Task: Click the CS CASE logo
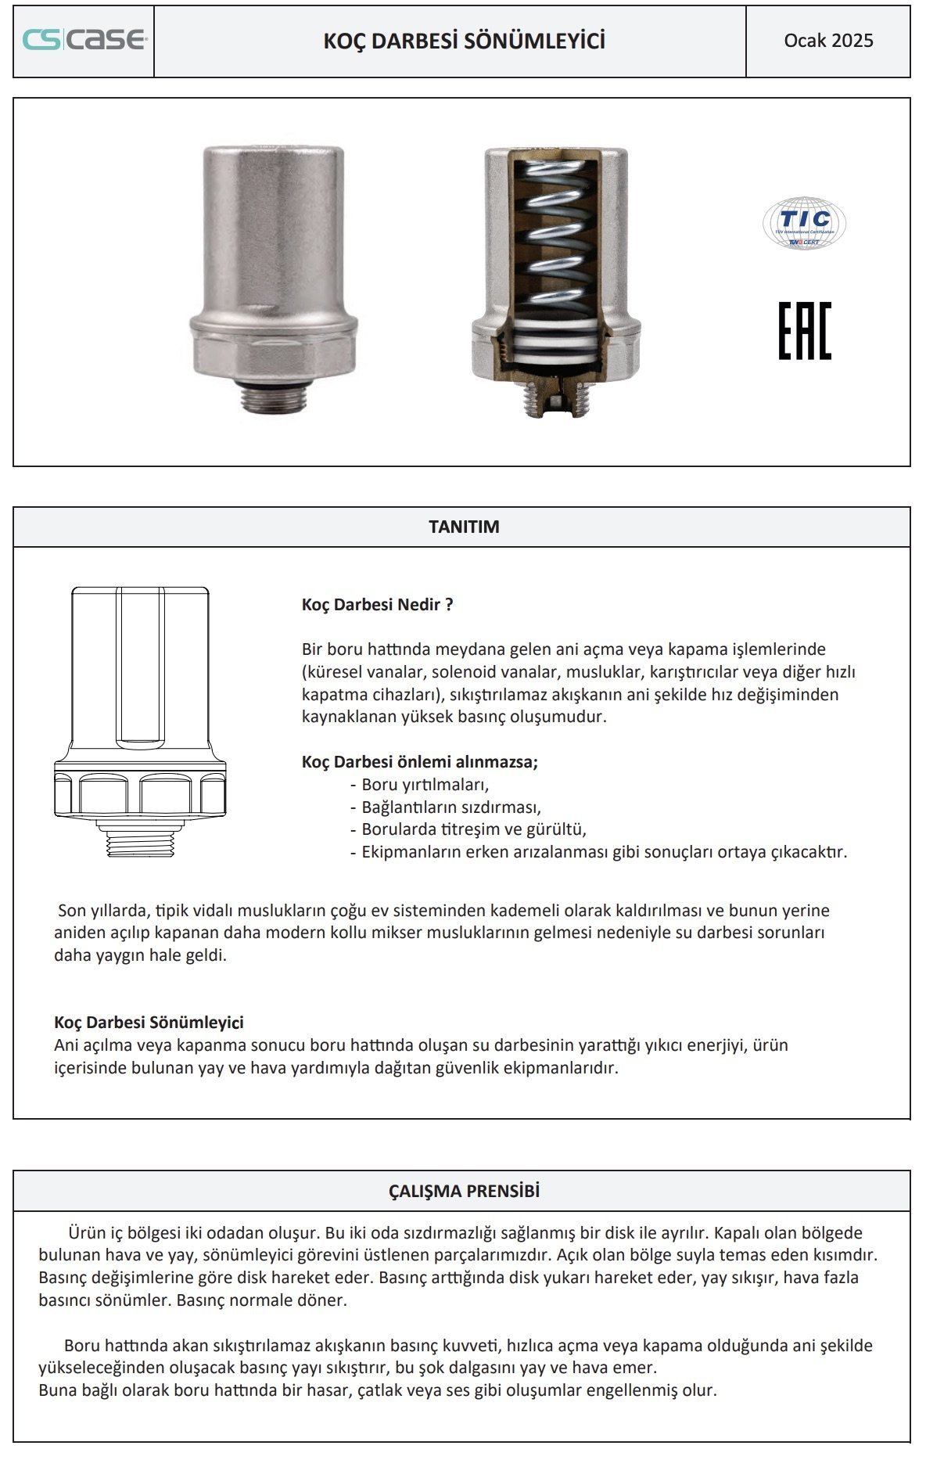[x=84, y=40]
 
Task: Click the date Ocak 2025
[x=828, y=41]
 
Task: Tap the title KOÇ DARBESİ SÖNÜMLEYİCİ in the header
[x=465, y=41]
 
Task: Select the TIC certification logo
[x=804, y=223]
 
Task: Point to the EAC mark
[x=804, y=330]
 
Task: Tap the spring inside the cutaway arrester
[x=555, y=235]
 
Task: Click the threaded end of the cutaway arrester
[x=555, y=399]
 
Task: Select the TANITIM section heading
[x=464, y=527]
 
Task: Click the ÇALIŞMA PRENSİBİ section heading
[x=464, y=1191]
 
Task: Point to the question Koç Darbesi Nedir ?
[x=377, y=605]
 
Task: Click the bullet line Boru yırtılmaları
[x=425, y=784]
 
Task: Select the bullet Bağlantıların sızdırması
[x=450, y=807]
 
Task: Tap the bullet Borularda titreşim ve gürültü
[x=473, y=829]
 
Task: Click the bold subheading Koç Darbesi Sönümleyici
[x=149, y=1023]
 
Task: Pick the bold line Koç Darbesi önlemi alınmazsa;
[x=420, y=762]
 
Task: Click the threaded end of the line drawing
[x=140, y=843]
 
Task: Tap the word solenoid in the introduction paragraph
[x=466, y=672]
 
